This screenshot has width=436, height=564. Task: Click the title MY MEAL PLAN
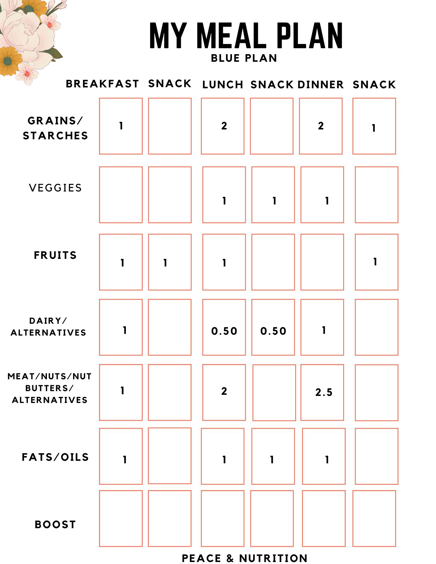coord(246,36)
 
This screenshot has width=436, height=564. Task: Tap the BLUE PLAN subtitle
coord(244,58)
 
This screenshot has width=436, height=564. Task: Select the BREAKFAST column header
coord(102,84)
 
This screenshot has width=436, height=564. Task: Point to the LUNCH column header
coord(223,85)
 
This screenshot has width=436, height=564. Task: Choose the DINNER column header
coord(321,85)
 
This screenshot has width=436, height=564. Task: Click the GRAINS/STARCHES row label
coord(55,128)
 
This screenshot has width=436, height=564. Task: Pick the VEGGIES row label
coord(55,188)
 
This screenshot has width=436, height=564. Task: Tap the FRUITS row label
coord(55,255)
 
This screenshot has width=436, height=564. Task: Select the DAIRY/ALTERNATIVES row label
coord(48,327)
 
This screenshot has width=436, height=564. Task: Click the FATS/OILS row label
coord(55,457)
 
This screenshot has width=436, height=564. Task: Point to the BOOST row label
coord(55,525)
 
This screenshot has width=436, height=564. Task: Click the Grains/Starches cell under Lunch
coord(223,126)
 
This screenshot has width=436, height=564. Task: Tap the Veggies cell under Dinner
coord(322,195)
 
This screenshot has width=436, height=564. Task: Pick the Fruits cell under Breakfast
coord(121,262)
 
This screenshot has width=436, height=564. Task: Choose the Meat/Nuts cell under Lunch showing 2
coord(224,392)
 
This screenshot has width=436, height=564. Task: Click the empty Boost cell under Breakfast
coord(121,518)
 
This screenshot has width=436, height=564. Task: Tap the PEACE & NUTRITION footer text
coord(244,558)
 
